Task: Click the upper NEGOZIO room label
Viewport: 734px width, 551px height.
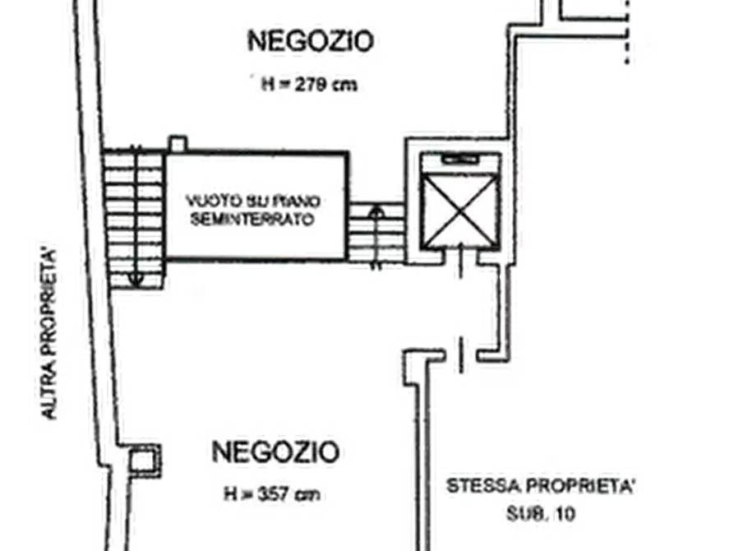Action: pyautogui.click(x=311, y=41)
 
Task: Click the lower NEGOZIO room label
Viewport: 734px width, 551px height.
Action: pyautogui.click(x=275, y=451)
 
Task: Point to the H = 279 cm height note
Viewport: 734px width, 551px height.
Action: pyautogui.click(x=309, y=85)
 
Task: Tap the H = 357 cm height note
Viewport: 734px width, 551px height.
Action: pyautogui.click(x=272, y=493)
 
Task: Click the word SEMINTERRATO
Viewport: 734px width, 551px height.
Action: pyautogui.click(x=252, y=220)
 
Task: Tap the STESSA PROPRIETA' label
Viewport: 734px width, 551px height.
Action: pyautogui.click(x=540, y=486)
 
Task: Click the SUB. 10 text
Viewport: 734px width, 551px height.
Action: pyautogui.click(x=541, y=515)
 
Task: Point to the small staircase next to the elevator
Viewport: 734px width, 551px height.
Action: pyautogui.click(x=376, y=233)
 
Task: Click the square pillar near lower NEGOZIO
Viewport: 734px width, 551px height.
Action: pyautogui.click(x=143, y=460)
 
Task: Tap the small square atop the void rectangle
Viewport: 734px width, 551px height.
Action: pyautogui.click(x=178, y=144)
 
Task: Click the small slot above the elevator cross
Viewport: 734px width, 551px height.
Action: pyautogui.click(x=460, y=160)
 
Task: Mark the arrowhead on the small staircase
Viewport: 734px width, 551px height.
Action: pyautogui.click(x=376, y=214)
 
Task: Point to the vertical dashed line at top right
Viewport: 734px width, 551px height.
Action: pyautogui.click(x=627, y=32)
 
